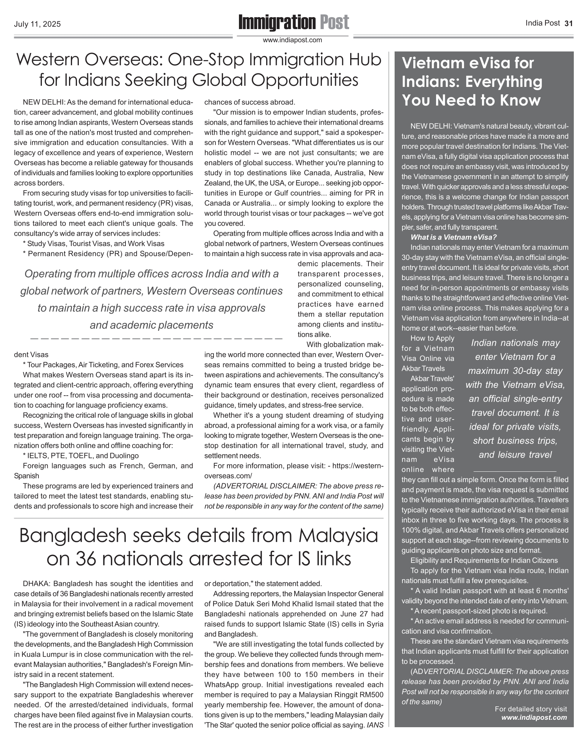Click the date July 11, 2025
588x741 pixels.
click(x=37, y=25)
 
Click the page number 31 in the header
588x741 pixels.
click(x=569, y=23)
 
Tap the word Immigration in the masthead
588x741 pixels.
click(x=277, y=22)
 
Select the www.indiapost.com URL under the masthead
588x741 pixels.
click(x=292, y=40)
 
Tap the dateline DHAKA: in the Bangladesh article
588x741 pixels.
click(x=35, y=584)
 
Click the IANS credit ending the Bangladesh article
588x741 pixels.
click(x=375, y=725)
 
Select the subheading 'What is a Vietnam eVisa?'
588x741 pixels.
click(x=453, y=237)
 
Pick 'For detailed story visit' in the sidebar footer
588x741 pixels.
click(x=531, y=709)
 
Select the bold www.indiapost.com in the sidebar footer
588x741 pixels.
click(x=534, y=717)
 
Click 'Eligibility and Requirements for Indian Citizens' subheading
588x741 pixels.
click(x=484, y=560)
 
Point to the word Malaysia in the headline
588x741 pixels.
click(x=324, y=536)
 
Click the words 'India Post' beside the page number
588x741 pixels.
click(x=542, y=23)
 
